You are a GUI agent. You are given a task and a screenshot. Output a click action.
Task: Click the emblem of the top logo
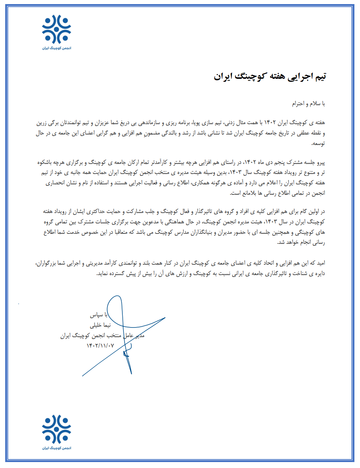click(57, 29)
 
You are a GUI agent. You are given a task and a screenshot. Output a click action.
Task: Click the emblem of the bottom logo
click(57, 429)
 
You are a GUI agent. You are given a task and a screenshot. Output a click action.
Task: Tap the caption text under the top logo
click(57, 48)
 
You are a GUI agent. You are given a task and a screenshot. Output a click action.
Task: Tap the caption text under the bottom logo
click(57, 448)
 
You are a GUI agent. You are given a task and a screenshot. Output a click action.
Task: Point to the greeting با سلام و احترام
click(308, 104)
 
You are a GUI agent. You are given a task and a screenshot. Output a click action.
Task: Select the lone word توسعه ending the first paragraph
click(318, 143)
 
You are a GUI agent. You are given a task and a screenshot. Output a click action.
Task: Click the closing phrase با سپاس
click(99, 315)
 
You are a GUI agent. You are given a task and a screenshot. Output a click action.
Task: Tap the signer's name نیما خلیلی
click(100, 325)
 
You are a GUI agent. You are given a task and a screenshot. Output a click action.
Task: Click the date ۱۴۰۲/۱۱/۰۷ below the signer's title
click(100, 346)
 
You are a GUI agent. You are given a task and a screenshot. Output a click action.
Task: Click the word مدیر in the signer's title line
click(139, 336)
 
